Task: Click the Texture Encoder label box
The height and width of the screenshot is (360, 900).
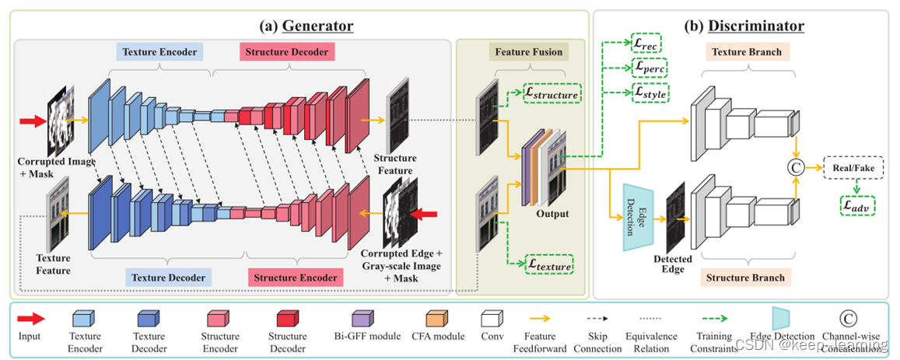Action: click(159, 52)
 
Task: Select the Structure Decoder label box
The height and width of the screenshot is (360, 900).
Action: click(285, 52)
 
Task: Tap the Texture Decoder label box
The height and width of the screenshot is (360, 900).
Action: click(168, 278)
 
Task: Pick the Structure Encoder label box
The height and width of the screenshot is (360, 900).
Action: click(292, 278)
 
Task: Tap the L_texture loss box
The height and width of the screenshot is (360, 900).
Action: click(549, 266)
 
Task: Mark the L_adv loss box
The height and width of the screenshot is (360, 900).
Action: click(854, 206)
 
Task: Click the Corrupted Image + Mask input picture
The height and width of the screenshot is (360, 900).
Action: click(62, 121)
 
